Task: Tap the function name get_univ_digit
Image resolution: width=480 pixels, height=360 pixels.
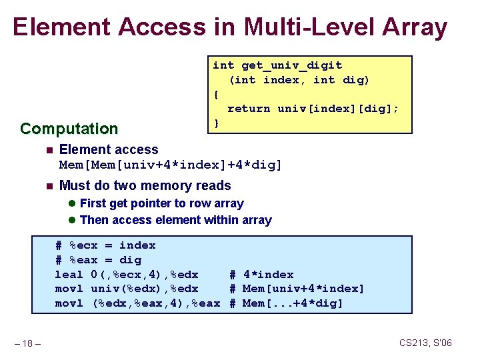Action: pyautogui.click(x=291, y=65)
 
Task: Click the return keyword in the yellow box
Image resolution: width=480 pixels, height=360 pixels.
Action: pyautogui.click(x=249, y=109)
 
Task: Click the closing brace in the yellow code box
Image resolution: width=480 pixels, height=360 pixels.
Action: pyautogui.click(x=216, y=123)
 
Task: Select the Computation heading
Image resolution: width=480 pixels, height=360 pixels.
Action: pyautogui.click(x=69, y=129)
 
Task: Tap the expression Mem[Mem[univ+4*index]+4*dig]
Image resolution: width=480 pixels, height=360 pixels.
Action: pyautogui.click(x=171, y=165)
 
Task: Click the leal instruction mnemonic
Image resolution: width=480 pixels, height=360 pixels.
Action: pyautogui.click(x=69, y=275)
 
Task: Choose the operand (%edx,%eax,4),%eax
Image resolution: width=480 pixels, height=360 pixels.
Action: pyautogui.click(x=155, y=303)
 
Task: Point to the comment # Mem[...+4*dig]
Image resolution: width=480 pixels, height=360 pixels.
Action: pyautogui.click(x=286, y=303)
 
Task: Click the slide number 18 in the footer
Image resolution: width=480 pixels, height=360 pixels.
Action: pyautogui.click(x=29, y=343)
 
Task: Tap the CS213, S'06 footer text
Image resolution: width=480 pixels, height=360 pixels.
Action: pyautogui.click(x=425, y=343)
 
